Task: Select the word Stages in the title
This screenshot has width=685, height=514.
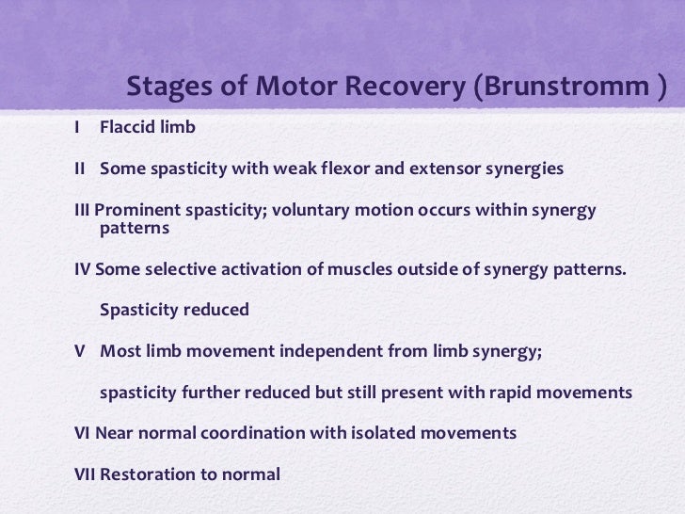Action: click(x=169, y=87)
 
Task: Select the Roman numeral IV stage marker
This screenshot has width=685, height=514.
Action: click(x=82, y=268)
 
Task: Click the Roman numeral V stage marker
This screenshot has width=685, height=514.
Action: click(x=79, y=350)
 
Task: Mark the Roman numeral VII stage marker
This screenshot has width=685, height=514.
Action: click(x=86, y=474)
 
